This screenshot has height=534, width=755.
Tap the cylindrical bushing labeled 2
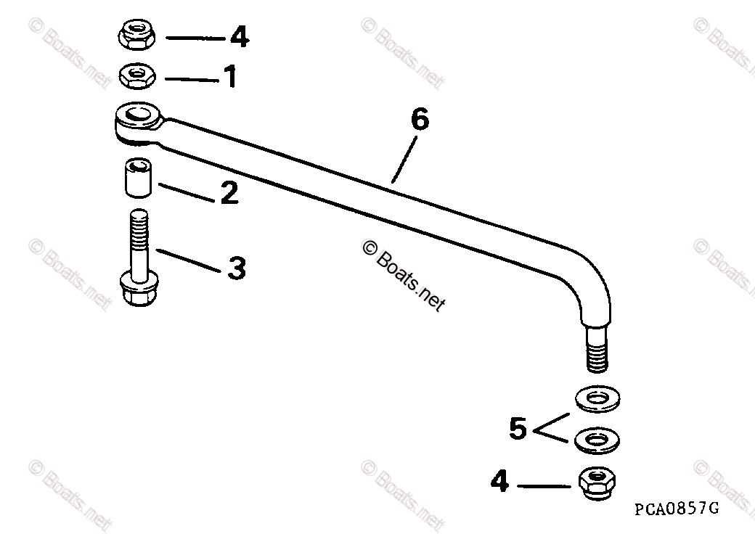(138, 178)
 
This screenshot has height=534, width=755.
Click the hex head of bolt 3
(138, 290)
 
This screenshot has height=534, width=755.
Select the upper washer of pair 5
(597, 398)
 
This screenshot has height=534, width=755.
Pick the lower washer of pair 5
(597, 438)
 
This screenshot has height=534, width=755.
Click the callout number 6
(420, 120)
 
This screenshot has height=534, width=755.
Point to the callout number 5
(517, 428)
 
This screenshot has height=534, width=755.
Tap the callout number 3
(236, 268)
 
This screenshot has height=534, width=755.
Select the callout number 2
(229, 193)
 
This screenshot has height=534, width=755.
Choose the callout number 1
(230, 77)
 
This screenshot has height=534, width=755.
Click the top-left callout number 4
(240, 36)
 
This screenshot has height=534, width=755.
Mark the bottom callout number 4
(499, 481)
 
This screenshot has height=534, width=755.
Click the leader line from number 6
(404, 160)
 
